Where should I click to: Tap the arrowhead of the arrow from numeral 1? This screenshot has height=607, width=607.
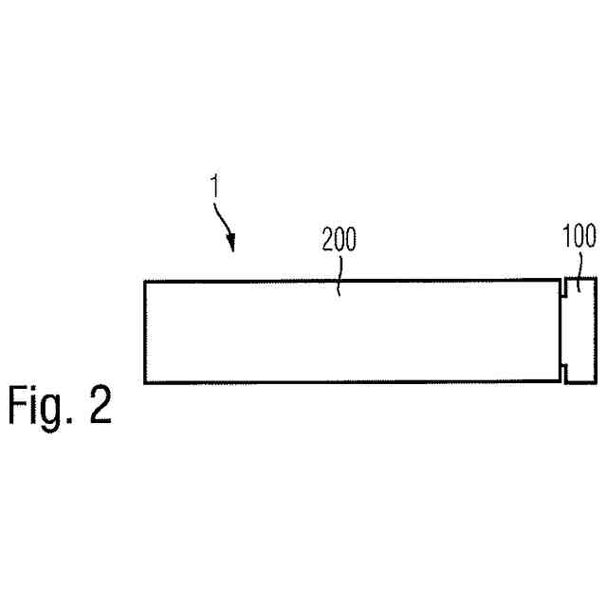(x=230, y=249)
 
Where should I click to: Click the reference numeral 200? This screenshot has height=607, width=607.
(x=339, y=240)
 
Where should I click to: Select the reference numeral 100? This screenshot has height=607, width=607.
(x=579, y=236)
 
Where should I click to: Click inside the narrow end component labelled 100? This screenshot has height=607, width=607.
(x=579, y=331)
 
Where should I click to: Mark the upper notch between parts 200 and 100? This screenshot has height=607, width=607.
(x=562, y=287)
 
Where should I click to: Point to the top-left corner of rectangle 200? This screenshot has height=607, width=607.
(x=145, y=281)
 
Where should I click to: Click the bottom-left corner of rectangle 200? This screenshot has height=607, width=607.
(x=145, y=382)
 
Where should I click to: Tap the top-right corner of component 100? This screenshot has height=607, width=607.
(x=597, y=279)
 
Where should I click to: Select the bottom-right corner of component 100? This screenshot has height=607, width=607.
(x=597, y=383)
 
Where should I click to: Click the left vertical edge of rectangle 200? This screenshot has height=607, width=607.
(x=145, y=332)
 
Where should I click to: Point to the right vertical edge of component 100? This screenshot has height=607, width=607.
(x=597, y=331)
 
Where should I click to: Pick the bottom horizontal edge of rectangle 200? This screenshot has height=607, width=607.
(x=351, y=382)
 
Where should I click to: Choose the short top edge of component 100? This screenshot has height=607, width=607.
(x=580, y=279)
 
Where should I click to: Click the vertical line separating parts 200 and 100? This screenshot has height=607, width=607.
(x=560, y=331)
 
